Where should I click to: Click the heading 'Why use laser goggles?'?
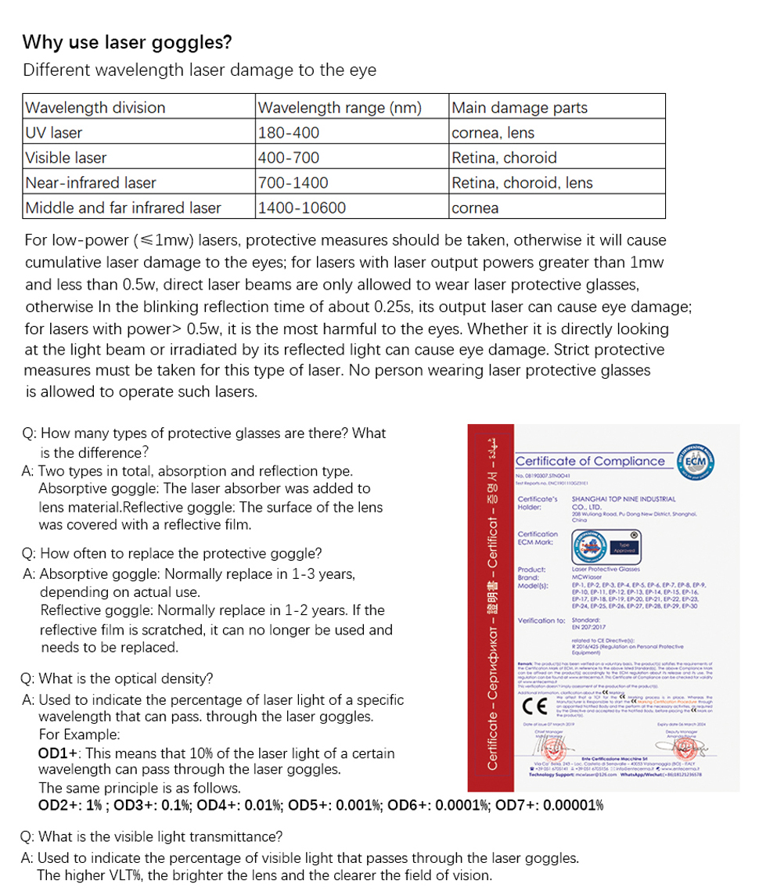click(x=128, y=42)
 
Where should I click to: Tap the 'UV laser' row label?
click(x=54, y=133)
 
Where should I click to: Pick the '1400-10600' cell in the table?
click(x=301, y=208)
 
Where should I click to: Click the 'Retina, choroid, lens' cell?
click(x=523, y=183)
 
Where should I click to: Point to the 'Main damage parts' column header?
click(x=520, y=108)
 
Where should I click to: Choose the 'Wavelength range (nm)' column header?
click(x=339, y=108)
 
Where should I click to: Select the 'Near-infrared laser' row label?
click(x=91, y=183)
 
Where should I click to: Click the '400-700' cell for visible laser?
click(x=288, y=158)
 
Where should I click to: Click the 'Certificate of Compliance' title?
click(x=590, y=461)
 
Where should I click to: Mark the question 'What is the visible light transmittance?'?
click(x=153, y=837)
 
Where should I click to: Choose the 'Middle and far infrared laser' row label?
click(x=123, y=208)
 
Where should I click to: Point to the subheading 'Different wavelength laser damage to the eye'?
click(x=200, y=70)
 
